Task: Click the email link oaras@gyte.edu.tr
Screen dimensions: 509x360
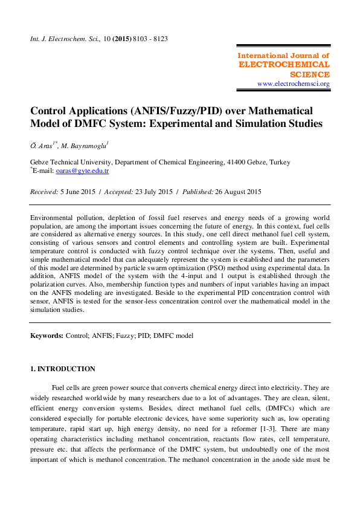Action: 82,171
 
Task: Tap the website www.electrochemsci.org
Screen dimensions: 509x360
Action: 294,83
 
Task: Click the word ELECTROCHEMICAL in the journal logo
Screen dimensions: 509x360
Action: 284,64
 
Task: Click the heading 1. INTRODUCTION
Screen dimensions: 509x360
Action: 63,369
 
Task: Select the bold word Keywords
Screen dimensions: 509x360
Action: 47,334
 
